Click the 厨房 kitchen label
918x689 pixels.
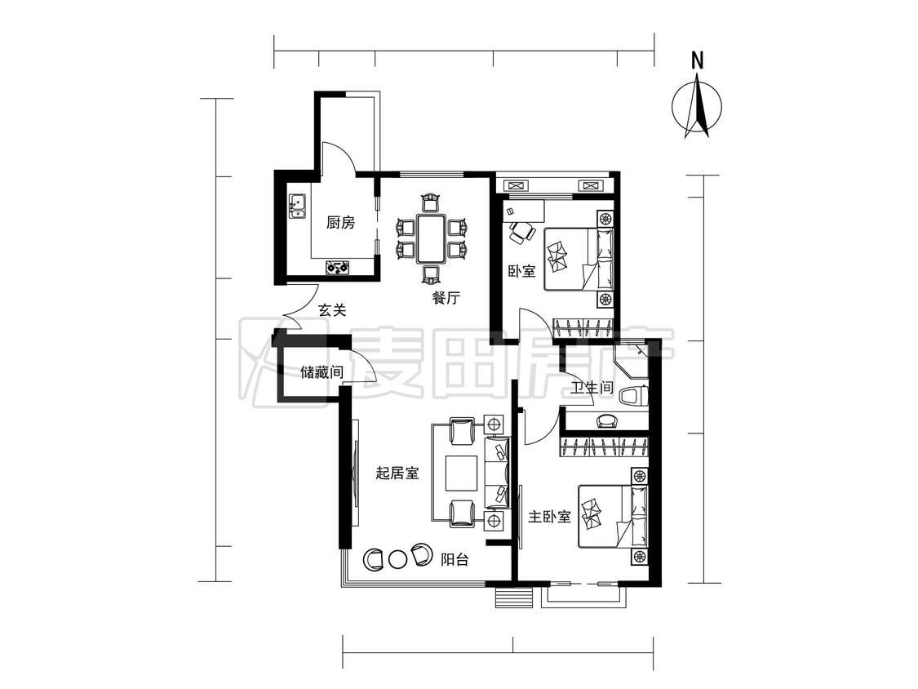click(x=341, y=223)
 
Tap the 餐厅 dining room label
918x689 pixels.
click(x=446, y=298)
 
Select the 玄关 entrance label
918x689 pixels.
click(x=332, y=310)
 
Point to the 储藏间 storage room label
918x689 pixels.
click(x=322, y=372)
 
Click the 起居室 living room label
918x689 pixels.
click(x=397, y=473)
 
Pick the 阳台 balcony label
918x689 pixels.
click(x=455, y=559)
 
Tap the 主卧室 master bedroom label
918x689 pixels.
click(x=550, y=517)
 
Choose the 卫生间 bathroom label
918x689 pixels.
click(x=592, y=388)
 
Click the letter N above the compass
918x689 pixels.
click(x=697, y=61)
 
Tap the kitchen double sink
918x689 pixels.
click(x=297, y=206)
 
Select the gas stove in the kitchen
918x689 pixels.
click(x=338, y=267)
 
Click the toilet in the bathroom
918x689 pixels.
click(x=634, y=396)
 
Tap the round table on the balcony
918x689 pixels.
click(x=397, y=559)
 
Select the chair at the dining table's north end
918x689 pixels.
click(x=431, y=202)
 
